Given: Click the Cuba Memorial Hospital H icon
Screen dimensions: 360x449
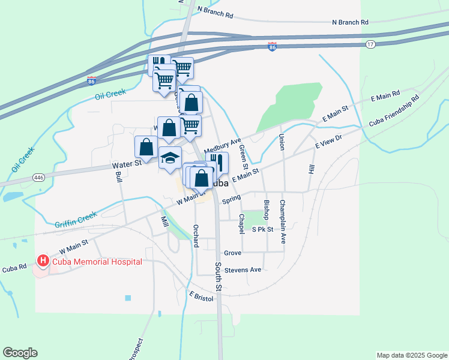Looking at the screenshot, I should [x=43, y=262].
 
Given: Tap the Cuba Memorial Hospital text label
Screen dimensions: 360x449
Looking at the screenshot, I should [x=97, y=262].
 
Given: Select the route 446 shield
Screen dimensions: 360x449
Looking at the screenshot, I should [x=39, y=178].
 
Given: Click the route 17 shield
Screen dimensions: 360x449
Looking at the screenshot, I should [x=371, y=44].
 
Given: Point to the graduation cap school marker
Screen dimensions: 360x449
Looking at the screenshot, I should [x=170, y=158].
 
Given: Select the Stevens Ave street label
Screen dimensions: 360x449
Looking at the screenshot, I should [x=243, y=270].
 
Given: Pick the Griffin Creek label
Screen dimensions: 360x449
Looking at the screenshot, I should [x=76, y=220].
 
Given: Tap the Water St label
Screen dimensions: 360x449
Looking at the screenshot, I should [x=126, y=164].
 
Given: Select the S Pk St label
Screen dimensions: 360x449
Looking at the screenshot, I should [x=262, y=229].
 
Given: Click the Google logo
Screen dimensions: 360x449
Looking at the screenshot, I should [x=20, y=353].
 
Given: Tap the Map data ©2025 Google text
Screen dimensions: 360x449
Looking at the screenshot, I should [x=412, y=355].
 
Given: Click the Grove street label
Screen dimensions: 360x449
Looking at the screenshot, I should [x=232, y=253].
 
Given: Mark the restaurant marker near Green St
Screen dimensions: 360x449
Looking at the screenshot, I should [x=217, y=161].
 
